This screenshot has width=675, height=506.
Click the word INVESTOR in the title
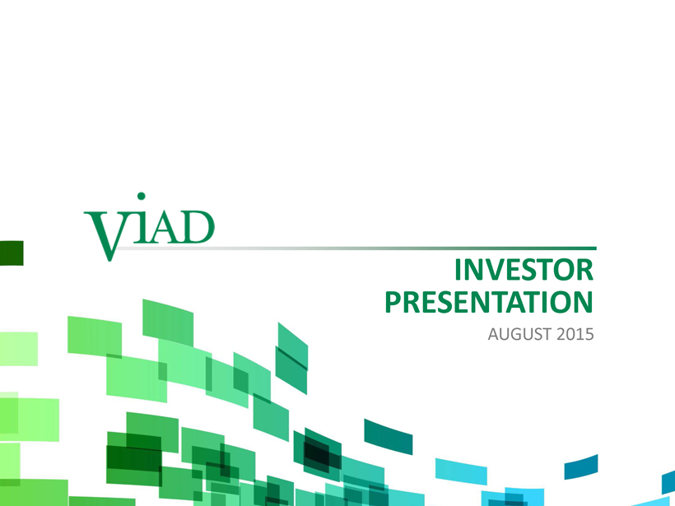tap(524, 270)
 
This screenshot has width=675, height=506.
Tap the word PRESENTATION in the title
tap(489, 302)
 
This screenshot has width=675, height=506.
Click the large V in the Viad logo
tap(105, 235)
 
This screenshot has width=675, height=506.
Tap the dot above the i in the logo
tap(141, 196)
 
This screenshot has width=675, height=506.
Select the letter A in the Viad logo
tap(165, 227)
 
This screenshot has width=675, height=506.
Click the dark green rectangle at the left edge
tap(12, 253)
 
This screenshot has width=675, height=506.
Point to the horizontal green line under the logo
tap(356, 248)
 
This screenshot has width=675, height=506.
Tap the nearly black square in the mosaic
tap(317, 453)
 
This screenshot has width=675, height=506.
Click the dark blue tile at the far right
tap(581, 467)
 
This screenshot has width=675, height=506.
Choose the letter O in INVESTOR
tap(565, 270)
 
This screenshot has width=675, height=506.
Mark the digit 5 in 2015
tap(589, 334)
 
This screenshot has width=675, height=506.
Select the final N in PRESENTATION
tap(584, 302)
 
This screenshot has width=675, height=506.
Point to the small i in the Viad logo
tap(141, 227)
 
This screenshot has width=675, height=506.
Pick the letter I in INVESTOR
tap(458, 270)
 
